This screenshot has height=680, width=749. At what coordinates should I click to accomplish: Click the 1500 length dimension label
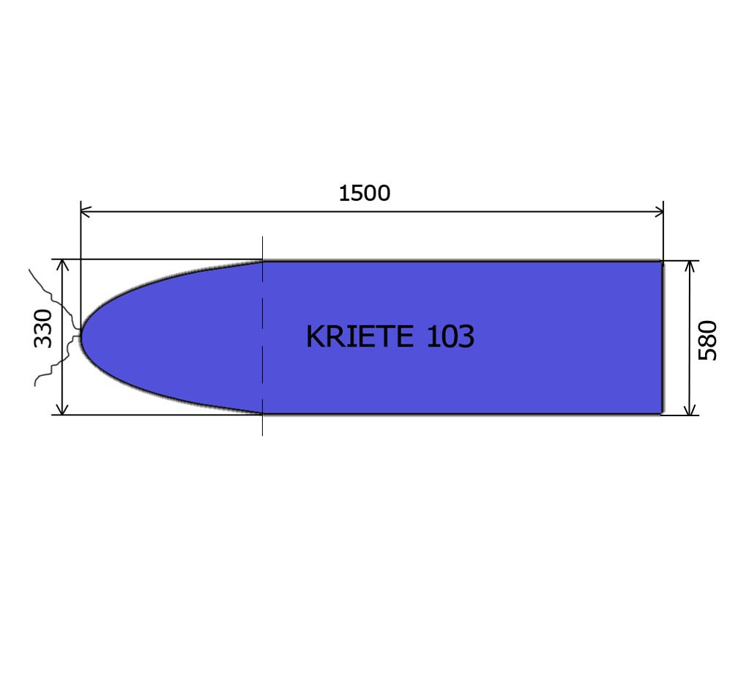pos(364,193)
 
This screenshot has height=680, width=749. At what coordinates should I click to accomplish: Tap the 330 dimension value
pos(44,328)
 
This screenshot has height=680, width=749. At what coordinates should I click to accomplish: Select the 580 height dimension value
pos(708,340)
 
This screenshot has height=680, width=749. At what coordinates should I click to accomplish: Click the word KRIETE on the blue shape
pos(359,337)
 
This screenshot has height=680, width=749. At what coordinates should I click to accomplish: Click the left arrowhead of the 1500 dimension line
pos(84,212)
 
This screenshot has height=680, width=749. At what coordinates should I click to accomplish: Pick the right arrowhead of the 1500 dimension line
pos(659,212)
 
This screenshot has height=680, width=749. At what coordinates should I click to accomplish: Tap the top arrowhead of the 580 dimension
pos(689,265)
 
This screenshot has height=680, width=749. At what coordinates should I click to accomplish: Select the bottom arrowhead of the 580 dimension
pos(689,410)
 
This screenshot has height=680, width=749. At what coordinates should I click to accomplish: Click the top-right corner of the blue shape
pos(661,262)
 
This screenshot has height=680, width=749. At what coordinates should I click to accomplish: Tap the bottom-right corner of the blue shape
pos(661,413)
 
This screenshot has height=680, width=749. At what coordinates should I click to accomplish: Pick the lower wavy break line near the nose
pos(51,370)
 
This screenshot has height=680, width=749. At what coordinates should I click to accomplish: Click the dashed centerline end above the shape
pos(262,239)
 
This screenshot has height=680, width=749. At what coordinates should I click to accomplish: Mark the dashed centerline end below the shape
pos(262,434)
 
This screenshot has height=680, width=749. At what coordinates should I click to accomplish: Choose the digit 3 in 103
pos(466,337)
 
